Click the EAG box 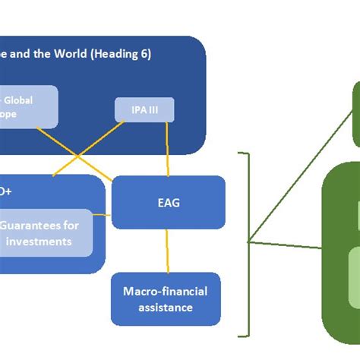pos(169,202)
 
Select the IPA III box pos(144,110)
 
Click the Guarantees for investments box pos(46,232)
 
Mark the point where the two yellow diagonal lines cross pos(79,157)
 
